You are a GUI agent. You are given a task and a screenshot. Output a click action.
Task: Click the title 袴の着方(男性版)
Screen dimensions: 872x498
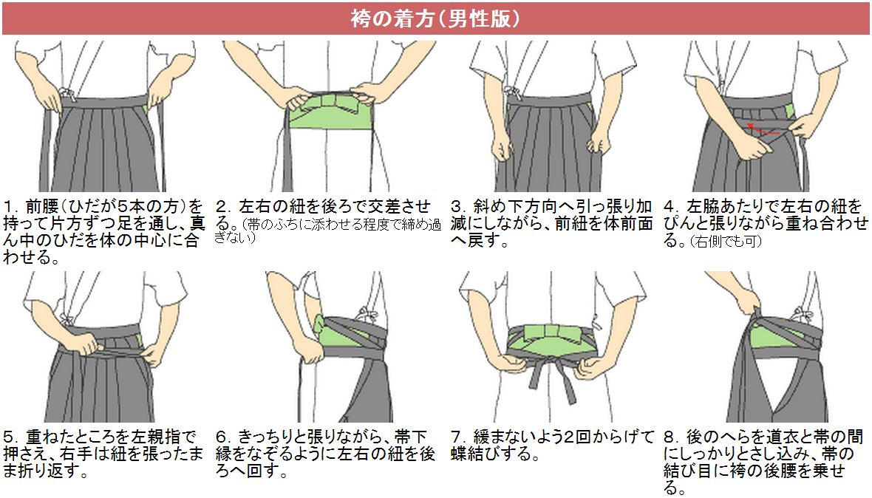click(435, 19)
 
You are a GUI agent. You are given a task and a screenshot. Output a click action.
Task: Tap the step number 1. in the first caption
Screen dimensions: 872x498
click(10, 207)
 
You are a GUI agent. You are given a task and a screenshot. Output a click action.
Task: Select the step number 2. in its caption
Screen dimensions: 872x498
click(224, 207)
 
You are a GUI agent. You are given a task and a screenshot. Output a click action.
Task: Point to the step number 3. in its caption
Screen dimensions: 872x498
click(458, 207)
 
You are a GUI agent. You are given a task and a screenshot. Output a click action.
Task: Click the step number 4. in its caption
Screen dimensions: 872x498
click(671, 207)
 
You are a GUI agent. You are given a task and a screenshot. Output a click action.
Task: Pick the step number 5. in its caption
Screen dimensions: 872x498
click(10, 437)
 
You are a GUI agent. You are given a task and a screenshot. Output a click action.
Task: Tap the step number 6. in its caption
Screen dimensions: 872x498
click(224, 437)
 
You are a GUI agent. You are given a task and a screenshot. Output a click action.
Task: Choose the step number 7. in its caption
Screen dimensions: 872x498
click(458, 437)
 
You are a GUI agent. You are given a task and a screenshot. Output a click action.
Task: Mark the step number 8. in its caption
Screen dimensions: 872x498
click(671, 437)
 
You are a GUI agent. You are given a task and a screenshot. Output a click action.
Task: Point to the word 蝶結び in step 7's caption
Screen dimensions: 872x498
click(477, 454)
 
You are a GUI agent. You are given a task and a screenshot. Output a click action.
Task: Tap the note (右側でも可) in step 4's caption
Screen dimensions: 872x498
click(726, 242)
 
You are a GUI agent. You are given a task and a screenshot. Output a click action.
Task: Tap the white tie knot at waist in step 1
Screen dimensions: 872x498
click(67, 92)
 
